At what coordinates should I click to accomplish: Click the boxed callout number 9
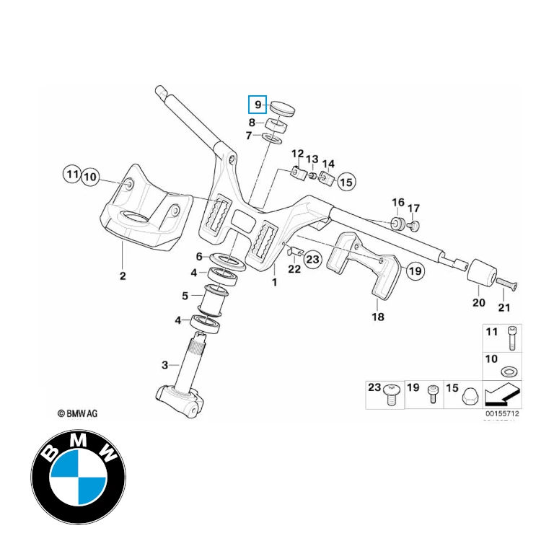coord(258,105)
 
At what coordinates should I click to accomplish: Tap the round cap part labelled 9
coord(283,109)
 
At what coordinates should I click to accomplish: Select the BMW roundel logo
coord(78,478)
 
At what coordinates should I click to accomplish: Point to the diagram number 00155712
coord(503,414)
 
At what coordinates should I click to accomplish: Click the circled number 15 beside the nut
coord(346,182)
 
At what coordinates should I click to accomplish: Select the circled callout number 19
coord(414,271)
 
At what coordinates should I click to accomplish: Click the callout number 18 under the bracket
coord(378,317)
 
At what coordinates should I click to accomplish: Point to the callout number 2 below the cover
coord(123,276)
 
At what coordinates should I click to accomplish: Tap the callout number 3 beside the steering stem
coord(165,365)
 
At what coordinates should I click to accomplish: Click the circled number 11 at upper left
coord(71,175)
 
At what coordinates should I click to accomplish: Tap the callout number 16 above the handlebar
coord(398,202)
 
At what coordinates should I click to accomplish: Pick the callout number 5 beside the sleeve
coord(185,296)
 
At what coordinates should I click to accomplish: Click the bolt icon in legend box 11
coord(510,338)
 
